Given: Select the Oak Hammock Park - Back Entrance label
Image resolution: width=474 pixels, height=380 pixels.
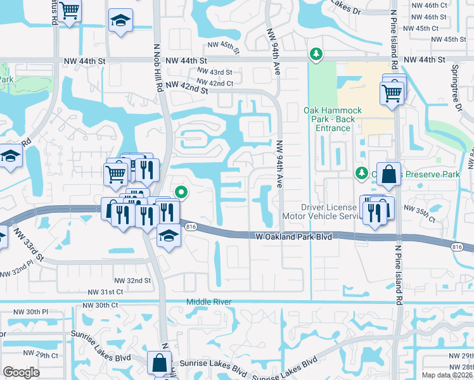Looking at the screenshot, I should (x=332, y=119).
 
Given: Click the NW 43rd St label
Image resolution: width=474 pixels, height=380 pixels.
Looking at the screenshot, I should (x=215, y=73).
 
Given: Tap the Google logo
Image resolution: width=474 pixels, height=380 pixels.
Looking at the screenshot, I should (x=20, y=372).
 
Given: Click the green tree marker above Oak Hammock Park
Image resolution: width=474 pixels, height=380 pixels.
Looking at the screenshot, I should (x=315, y=54).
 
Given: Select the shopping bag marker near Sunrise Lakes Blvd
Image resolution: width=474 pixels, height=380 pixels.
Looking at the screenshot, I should (x=158, y=364).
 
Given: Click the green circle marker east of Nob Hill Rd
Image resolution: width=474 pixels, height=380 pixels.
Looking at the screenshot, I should (x=181, y=191).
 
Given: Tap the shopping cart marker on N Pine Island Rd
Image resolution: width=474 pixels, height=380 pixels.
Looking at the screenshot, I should (x=392, y=93).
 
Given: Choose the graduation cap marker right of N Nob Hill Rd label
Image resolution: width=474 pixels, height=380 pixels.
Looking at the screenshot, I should (x=120, y=21).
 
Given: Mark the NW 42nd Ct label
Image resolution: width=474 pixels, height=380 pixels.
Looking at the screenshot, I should (x=215, y=82).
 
